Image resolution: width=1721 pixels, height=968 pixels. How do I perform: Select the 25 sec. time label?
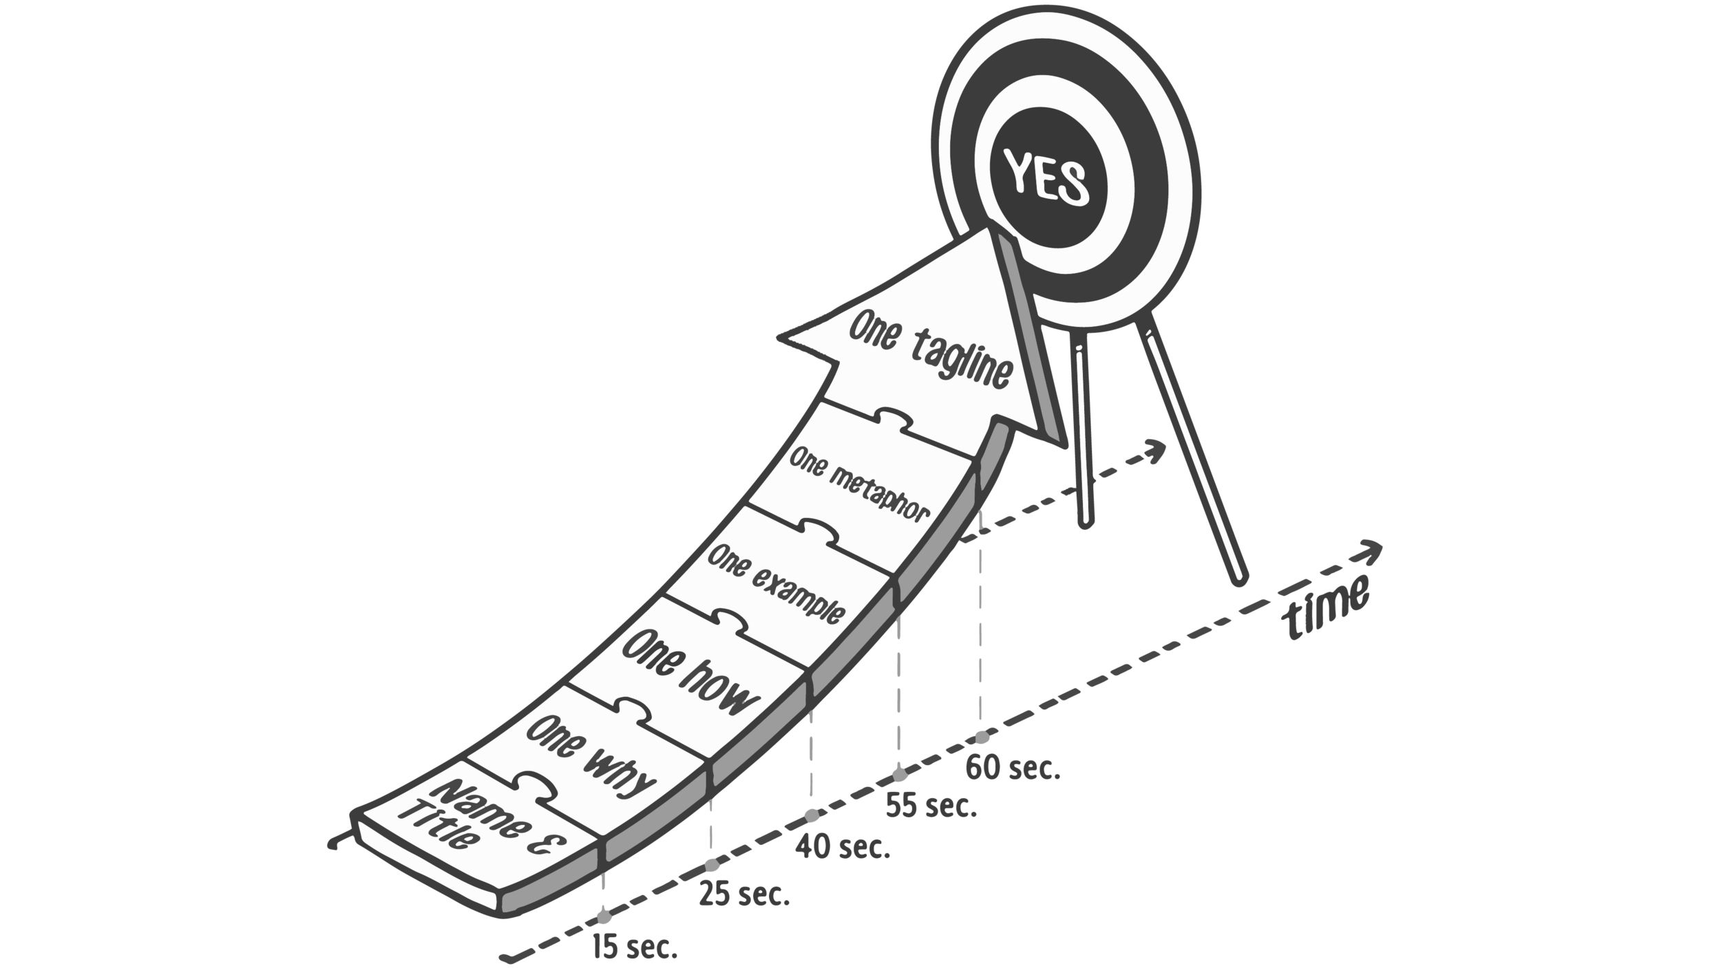coord(744,895)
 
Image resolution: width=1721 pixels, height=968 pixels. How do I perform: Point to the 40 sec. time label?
coord(844,847)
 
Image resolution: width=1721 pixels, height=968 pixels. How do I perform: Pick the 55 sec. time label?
coord(931,806)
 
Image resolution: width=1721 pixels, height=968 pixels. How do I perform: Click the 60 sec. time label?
coord(1012,768)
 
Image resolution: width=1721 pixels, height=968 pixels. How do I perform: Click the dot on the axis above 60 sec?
coord(980,737)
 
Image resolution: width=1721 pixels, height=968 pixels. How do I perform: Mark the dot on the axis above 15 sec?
coord(604,917)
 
